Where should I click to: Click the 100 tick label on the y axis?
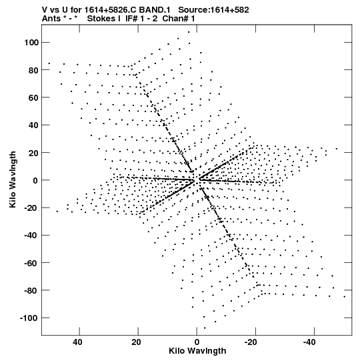[31, 42]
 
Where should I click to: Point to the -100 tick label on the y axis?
[29, 318]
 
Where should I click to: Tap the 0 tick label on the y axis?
[35, 180]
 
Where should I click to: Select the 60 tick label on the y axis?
[33, 97]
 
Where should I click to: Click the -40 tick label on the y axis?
[31, 236]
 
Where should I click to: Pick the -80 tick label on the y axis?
[31, 290]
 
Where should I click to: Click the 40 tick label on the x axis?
[77, 342]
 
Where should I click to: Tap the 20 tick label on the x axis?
[136, 342]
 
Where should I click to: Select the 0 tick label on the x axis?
[197, 342]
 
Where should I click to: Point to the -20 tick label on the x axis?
[251, 342]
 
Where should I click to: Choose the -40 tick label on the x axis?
[309, 342]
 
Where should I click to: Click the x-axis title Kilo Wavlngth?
[197, 351]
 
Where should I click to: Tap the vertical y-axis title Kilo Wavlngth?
[13, 179]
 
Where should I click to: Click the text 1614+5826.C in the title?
[111, 10]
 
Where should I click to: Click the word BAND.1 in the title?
[155, 10]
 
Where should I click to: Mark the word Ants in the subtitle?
[51, 19]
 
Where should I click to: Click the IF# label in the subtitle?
[131, 19]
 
